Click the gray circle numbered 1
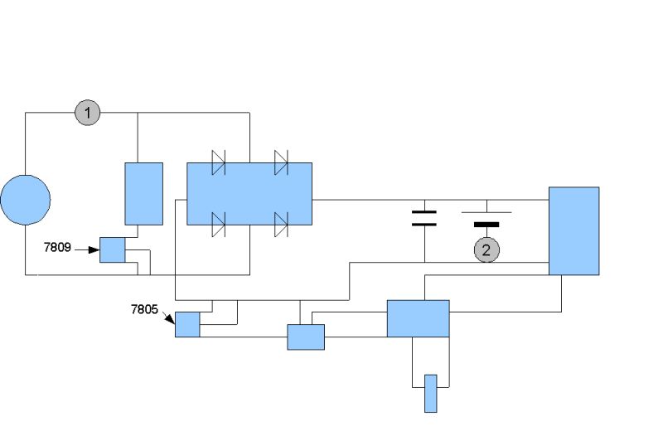point(87,112)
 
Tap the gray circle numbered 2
point(486,248)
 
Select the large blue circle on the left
point(25,200)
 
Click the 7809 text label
point(57,247)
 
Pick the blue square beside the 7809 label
point(112,249)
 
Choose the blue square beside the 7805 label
point(187,324)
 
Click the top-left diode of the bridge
point(219,162)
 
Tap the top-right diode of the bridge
point(281,162)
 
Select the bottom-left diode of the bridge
point(219,224)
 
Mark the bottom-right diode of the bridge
point(281,224)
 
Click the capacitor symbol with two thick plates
point(423,218)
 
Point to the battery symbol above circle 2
point(486,218)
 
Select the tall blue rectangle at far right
point(573,230)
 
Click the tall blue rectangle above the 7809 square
point(143,193)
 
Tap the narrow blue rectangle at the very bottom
point(430,393)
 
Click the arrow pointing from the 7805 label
point(168,317)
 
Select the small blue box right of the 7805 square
point(306,336)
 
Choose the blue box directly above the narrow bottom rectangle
point(418,318)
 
